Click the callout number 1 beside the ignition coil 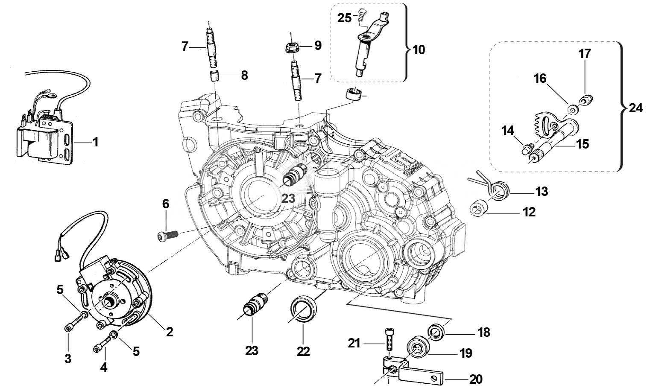coord(95,142)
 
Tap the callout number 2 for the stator coord(170,331)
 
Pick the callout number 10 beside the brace coord(419,50)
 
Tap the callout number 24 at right coord(635,108)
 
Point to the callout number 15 coord(582,144)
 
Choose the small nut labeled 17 coord(584,101)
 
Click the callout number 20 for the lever coord(476,379)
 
